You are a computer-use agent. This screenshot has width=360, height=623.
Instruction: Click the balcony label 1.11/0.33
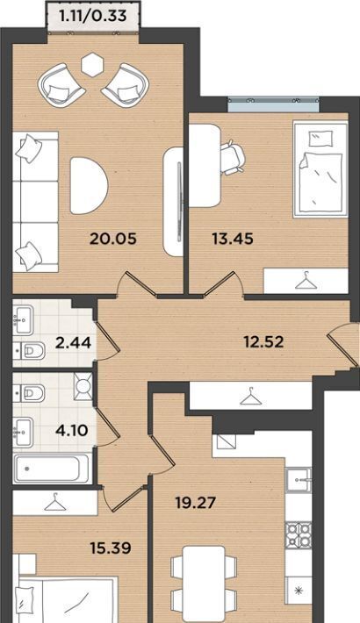coord(93,16)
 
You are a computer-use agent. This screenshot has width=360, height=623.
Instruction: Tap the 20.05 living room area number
coord(113,239)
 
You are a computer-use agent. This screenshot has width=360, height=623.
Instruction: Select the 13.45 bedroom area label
coord(233,239)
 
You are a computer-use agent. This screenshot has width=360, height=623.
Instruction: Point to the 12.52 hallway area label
coord(263,341)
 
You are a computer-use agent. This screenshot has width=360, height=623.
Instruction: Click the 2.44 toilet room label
coord(73,342)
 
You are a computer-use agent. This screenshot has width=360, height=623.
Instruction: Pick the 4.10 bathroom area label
coord(72,430)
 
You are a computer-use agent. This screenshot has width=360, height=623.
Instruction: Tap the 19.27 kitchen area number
coord(196,503)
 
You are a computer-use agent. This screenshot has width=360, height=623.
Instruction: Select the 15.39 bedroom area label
coord(111,548)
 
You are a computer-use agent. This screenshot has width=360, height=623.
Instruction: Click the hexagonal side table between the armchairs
coord(92,64)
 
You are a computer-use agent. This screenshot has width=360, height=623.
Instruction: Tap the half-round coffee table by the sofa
coord(89,185)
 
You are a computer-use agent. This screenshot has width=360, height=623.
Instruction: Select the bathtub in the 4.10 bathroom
coord(51,469)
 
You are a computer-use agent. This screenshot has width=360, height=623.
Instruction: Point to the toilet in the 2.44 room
coord(30,351)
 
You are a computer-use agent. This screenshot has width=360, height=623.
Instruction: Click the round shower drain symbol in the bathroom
coord(83,384)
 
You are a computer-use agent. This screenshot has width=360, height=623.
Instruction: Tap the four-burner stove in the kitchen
coord(299,535)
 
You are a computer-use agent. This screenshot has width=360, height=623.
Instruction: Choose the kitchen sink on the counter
coord(299,480)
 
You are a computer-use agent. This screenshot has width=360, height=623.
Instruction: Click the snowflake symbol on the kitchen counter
coord(299,591)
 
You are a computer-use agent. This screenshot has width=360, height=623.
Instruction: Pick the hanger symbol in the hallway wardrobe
coord(250,396)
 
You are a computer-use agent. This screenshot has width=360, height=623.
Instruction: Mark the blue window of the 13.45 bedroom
coord(274,104)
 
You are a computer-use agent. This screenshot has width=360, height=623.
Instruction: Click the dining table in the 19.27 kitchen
coord(204,584)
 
